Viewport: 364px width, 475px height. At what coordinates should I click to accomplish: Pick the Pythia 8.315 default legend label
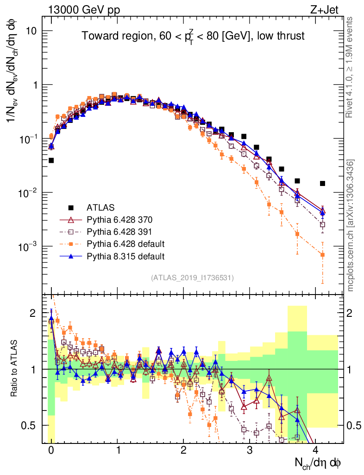[x=126, y=256]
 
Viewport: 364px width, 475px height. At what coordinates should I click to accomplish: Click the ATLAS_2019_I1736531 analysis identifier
[x=192, y=278]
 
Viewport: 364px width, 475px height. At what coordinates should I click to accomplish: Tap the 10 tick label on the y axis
[x=31, y=31]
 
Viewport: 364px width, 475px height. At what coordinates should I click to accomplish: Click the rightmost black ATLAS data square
[x=322, y=183]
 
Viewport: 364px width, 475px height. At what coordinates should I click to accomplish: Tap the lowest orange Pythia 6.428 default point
[x=322, y=255]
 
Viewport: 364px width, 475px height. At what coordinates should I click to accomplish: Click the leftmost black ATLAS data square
[x=51, y=160]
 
